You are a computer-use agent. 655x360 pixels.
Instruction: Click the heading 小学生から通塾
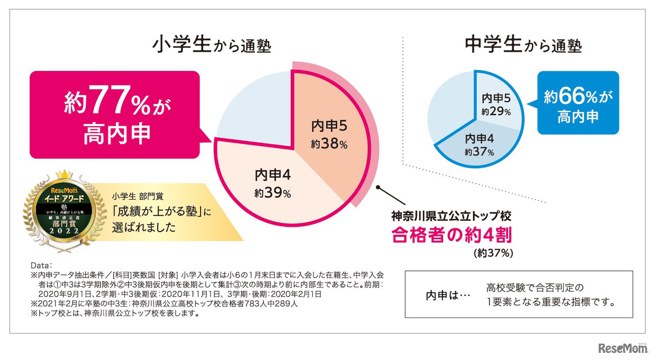211,45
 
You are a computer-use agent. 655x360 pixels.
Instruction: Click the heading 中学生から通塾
523,45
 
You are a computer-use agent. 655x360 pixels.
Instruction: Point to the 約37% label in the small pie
479,152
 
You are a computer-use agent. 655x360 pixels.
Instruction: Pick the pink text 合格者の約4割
451,235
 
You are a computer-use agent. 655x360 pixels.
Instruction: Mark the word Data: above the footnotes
42,266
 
